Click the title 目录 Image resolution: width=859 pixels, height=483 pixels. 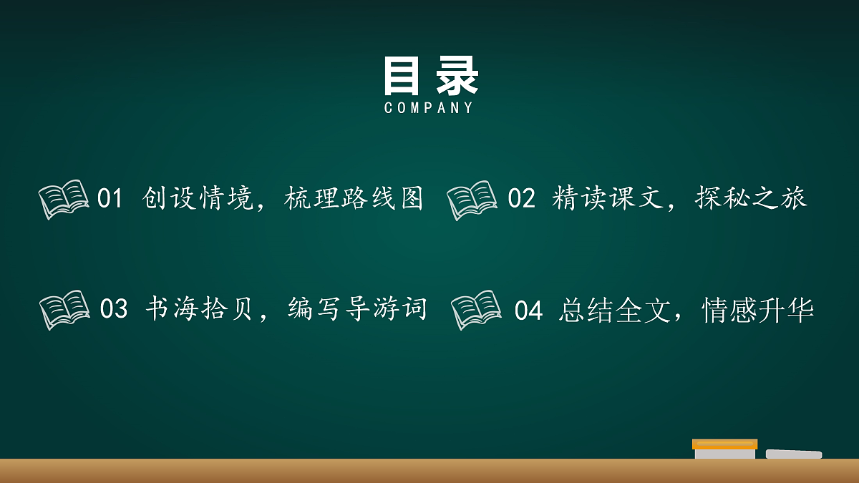click(430, 76)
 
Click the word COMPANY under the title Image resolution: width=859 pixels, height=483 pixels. click(429, 108)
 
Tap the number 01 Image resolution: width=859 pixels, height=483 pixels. click(110, 198)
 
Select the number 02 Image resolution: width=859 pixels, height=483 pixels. click(521, 198)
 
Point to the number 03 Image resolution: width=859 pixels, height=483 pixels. click(113, 309)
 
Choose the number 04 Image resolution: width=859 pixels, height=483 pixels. click(528, 311)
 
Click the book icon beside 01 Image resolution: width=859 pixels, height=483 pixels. click(64, 198)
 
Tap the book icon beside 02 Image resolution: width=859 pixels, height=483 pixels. click(472, 200)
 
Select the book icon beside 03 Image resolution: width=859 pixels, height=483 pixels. click(64, 309)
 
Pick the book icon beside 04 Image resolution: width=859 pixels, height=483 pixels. click(476, 310)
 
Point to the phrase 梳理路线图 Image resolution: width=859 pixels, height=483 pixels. click(354, 198)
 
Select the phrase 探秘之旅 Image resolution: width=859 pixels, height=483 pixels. click(751, 198)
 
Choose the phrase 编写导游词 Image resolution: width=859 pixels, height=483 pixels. click(357, 309)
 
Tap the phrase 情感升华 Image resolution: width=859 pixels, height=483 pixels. click(758, 311)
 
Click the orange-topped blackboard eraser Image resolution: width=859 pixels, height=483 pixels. click(724, 449)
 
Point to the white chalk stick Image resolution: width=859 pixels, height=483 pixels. click(793, 454)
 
